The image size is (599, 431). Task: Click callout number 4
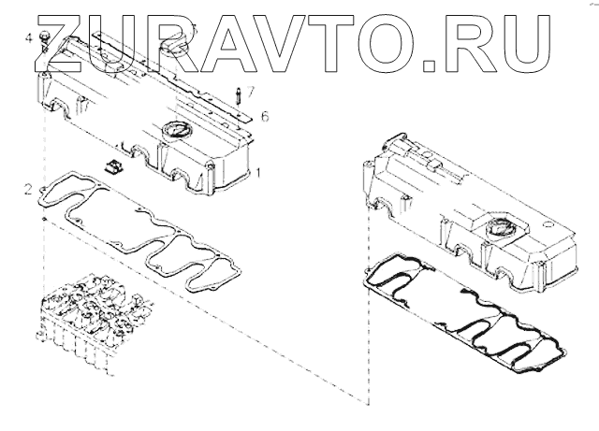[x=29, y=38]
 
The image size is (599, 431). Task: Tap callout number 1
[x=258, y=172]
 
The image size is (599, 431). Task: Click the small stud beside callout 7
[x=240, y=97]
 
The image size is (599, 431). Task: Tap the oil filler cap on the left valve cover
[x=175, y=129]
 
